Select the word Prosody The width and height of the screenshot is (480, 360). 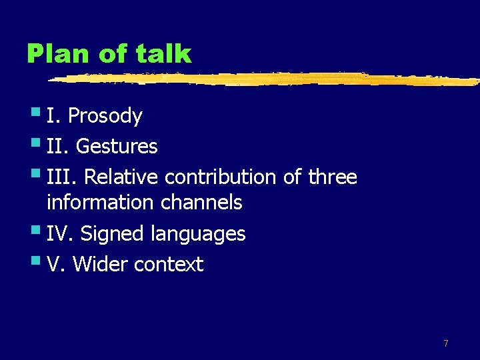point(105,117)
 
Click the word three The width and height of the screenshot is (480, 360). point(333,177)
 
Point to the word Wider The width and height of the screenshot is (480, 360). point(101,265)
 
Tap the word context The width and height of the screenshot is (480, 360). point(169,265)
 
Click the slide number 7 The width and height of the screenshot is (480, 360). point(446,343)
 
